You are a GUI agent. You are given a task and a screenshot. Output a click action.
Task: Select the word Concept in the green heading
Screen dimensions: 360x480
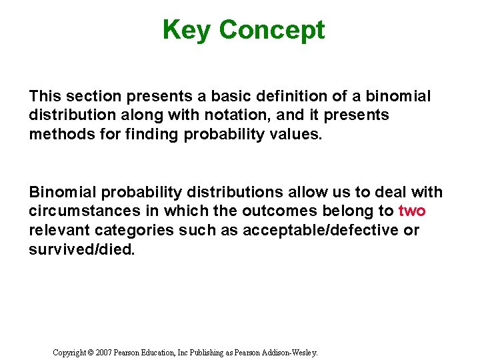[x=271, y=30]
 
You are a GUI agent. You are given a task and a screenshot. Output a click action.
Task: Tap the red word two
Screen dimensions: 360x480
[x=412, y=211]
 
